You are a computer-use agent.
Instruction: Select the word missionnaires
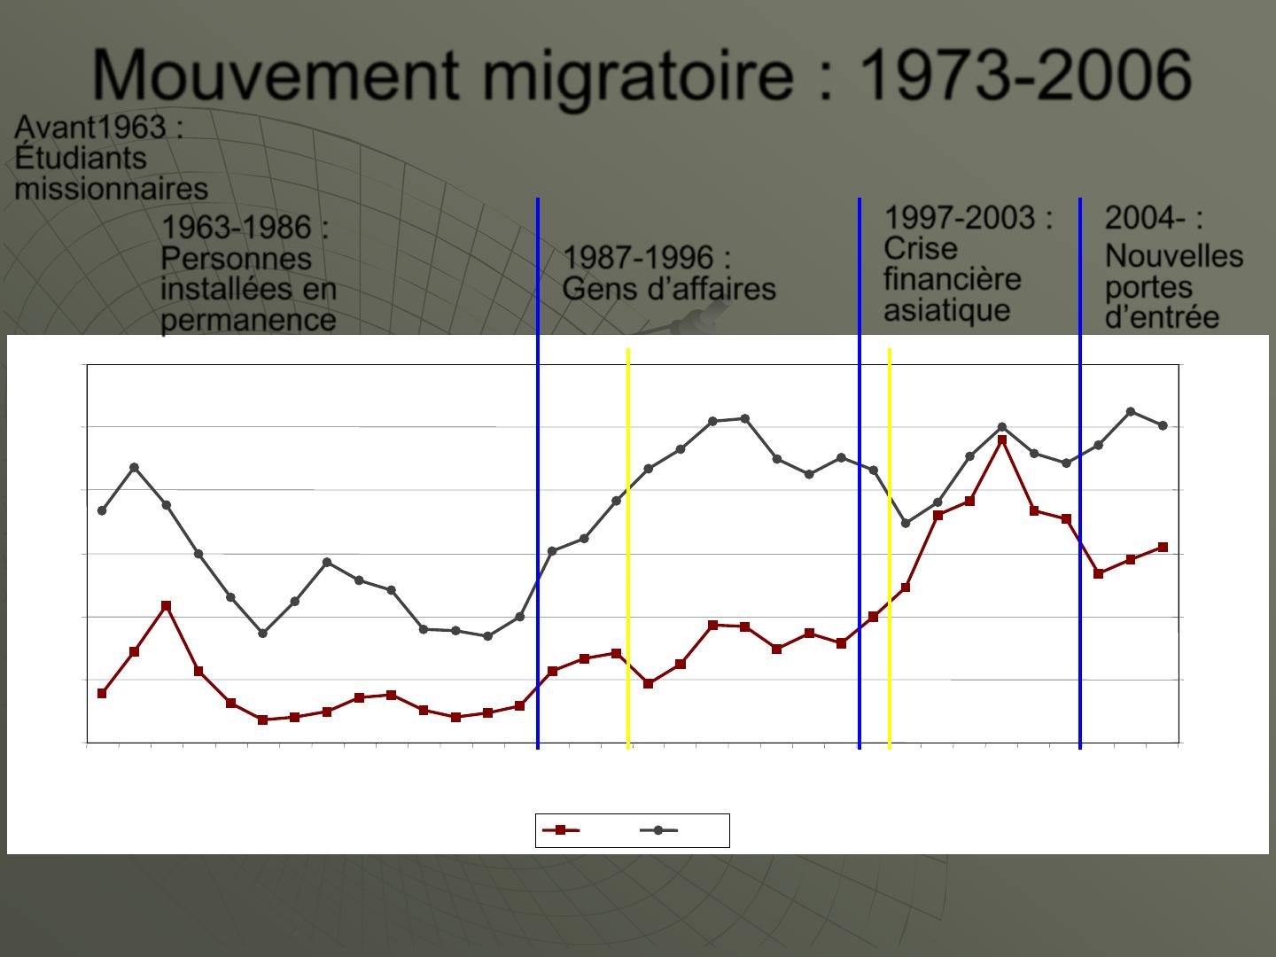(111, 189)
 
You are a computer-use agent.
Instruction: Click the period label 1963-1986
(236, 228)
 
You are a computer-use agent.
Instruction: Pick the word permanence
(248, 320)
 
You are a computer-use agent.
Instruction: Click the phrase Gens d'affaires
(669, 289)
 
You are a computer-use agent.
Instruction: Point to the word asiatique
(946, 310)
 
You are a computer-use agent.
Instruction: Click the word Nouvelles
(1174, 257)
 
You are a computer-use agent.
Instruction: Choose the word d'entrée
(1162, 317)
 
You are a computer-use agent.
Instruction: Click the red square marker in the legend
(560, 830)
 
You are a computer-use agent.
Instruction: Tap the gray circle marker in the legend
(658, 830)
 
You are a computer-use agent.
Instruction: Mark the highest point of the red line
(1002, 440)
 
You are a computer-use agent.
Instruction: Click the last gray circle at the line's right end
(1163, 425)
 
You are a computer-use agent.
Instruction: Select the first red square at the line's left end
(102, 693)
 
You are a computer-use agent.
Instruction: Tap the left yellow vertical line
(628, 549)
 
